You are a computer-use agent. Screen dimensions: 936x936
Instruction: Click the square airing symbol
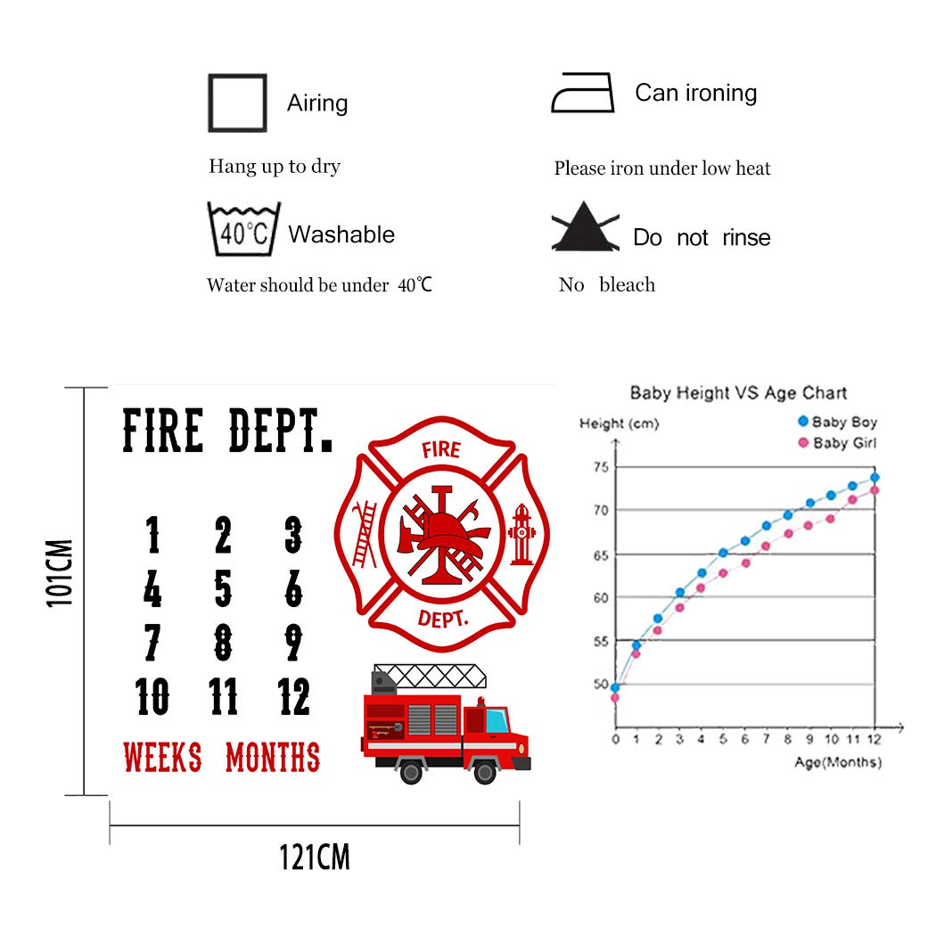point(236,103)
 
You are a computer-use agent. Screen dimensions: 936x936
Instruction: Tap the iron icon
point(583,94)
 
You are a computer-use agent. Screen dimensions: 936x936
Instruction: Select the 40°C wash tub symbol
point(243,230)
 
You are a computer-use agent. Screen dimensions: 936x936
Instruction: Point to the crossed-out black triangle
point(585,226)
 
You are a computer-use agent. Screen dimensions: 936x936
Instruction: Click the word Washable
point(341,234)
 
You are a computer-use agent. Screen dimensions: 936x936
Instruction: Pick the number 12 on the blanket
point(293,696)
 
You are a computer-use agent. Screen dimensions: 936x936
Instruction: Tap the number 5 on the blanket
point(223,588)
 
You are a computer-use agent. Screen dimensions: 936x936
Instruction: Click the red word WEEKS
point(162,758)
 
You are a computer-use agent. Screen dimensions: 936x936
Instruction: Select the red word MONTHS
point(273,758)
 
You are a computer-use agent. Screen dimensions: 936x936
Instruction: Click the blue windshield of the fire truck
point(497,719)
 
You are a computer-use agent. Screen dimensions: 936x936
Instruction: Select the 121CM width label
point(314,858)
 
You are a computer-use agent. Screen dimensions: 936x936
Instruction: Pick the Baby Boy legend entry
point(838,422)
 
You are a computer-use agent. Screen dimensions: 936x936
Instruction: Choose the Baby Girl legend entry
point(838,443)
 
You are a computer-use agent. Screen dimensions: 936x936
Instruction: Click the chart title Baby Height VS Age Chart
point(738,392)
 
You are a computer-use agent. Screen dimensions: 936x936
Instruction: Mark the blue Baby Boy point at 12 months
point(875,478)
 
